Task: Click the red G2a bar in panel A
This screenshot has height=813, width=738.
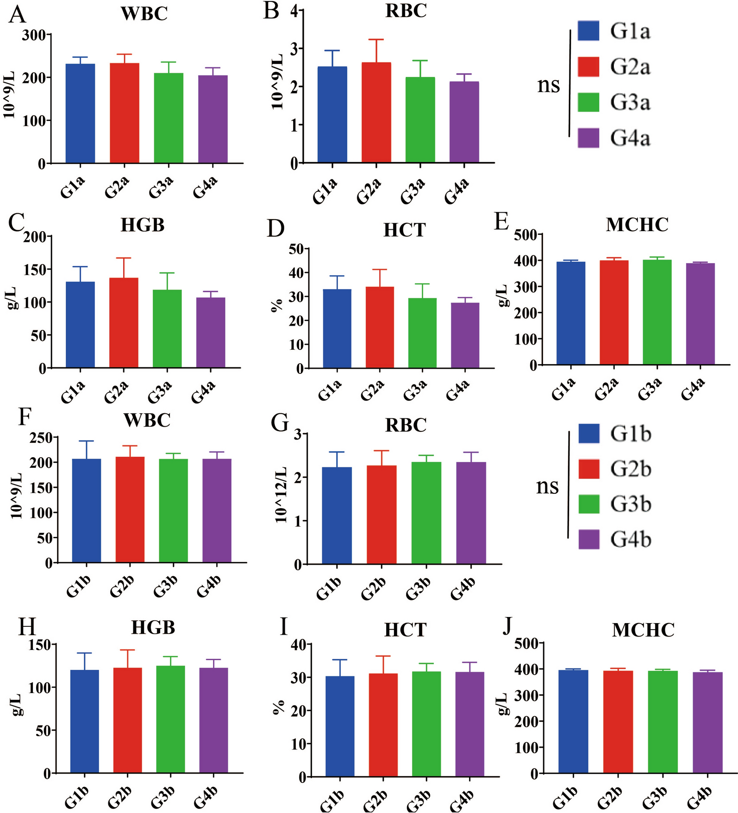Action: pos(125,113)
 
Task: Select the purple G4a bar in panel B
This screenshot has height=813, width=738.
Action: pos(464,122)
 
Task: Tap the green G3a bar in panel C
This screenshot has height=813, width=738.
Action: pos(167,329)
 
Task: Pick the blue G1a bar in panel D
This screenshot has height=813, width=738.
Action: pos(337,329)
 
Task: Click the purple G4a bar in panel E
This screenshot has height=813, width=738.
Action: pos(700,314)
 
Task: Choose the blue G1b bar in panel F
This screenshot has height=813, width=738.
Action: pos(87,511)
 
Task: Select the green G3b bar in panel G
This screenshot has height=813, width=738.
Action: pos(426,513)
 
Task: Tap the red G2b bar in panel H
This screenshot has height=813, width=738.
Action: pos(127,720)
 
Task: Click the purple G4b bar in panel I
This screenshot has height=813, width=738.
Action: pos(469,725)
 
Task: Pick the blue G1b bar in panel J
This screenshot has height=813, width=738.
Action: pos(573,722)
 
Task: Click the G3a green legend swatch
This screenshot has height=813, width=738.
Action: pos(588,102)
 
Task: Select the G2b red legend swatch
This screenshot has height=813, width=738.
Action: pos(589,468)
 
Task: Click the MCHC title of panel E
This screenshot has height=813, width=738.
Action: pos(637,225)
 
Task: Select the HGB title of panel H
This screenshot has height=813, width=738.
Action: pos(153,627)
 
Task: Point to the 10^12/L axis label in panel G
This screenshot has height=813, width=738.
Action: pos(281,495)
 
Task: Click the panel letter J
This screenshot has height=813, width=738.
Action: pos(508,626)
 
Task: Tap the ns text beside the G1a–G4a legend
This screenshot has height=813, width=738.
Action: pos(549,86)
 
